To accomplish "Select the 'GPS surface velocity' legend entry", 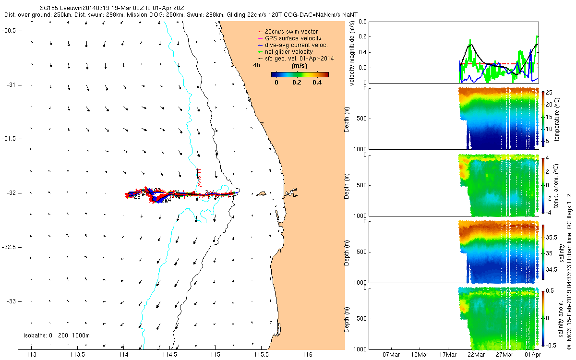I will point(293,38).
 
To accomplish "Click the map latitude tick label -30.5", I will point(9,30).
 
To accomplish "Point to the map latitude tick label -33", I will point(11,301).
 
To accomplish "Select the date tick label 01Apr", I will point(532,355).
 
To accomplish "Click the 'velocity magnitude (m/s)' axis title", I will point(352,53).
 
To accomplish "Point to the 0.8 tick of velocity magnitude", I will point(362,22).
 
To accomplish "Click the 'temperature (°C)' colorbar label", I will point(557,118).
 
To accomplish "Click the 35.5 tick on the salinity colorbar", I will point(552,238).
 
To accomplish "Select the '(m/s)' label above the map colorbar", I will point(300,66).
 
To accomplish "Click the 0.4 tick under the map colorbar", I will point(317,82).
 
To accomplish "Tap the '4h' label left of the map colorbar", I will point(257,65).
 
